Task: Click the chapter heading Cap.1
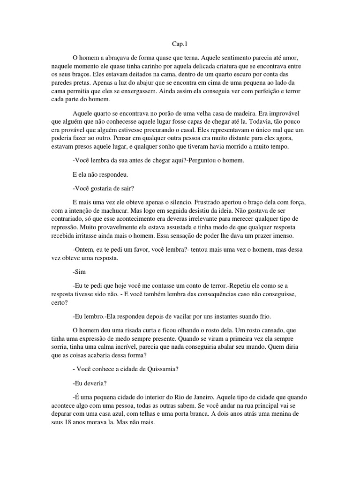point(180,44)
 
